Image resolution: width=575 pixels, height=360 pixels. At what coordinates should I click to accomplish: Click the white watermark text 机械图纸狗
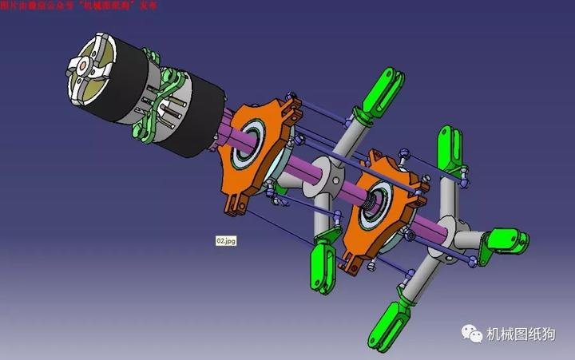click(x=523, y=336)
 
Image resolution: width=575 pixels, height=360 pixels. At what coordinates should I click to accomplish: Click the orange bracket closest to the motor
click(x=256, y=148)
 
